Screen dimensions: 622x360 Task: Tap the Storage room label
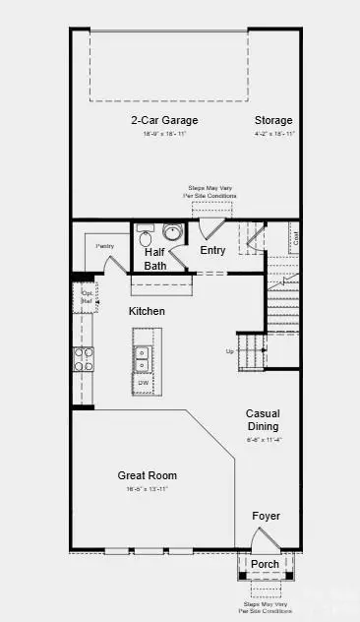[x=273, y=121]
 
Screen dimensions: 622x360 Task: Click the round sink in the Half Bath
[x=173, y=233]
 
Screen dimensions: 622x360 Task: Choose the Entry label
[x=212, y=251]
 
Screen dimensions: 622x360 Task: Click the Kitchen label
[x=147, y=311]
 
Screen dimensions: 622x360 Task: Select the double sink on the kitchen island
[x=144, y=357]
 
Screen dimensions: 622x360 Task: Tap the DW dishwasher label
[x=144, y=384]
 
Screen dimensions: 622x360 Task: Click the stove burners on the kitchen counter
[x=82, y=359]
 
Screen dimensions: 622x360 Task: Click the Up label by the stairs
[x=230, y=351]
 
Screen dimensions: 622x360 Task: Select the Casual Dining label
[x=262, y=420]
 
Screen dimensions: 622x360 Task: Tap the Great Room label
[x=148, y=475]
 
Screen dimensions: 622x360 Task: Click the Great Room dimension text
[x=148, y=489]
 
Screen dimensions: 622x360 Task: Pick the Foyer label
[x=266, y=516]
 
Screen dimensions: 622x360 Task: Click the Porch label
[x=265, y=565]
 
